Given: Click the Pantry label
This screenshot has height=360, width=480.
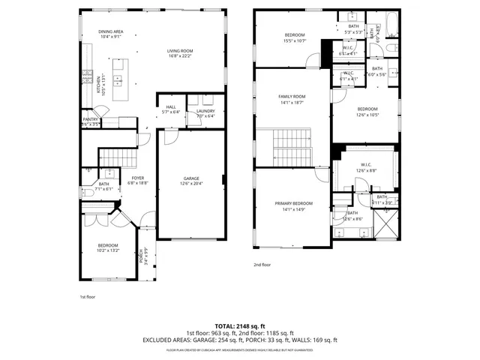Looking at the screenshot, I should (x=90, y=121).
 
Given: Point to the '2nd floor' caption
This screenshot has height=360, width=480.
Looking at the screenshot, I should (x=262, y=265).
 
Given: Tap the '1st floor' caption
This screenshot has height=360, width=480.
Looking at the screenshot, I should (x=88, y=296).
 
